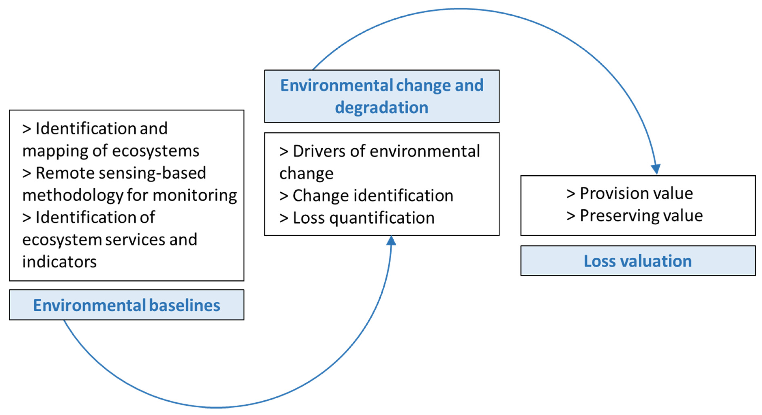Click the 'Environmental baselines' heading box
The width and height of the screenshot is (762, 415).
pyautogui.click(x=127, y=305)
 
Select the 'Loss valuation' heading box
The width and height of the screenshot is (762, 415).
pyautogui.click(x=638, y=261)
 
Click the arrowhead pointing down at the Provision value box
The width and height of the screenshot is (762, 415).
pyautogui.click(x=656, y=169)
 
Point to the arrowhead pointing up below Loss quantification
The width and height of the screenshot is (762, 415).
pyautogui.click(x=391, y=241)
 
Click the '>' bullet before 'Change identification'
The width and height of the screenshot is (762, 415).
pyautogui.click(x=284, y=196)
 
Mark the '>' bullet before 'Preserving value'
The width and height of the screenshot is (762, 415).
pyautogui.click(x=571, y=216)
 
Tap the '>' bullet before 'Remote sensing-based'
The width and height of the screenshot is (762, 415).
pyautogui.click(x=27, y=173)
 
